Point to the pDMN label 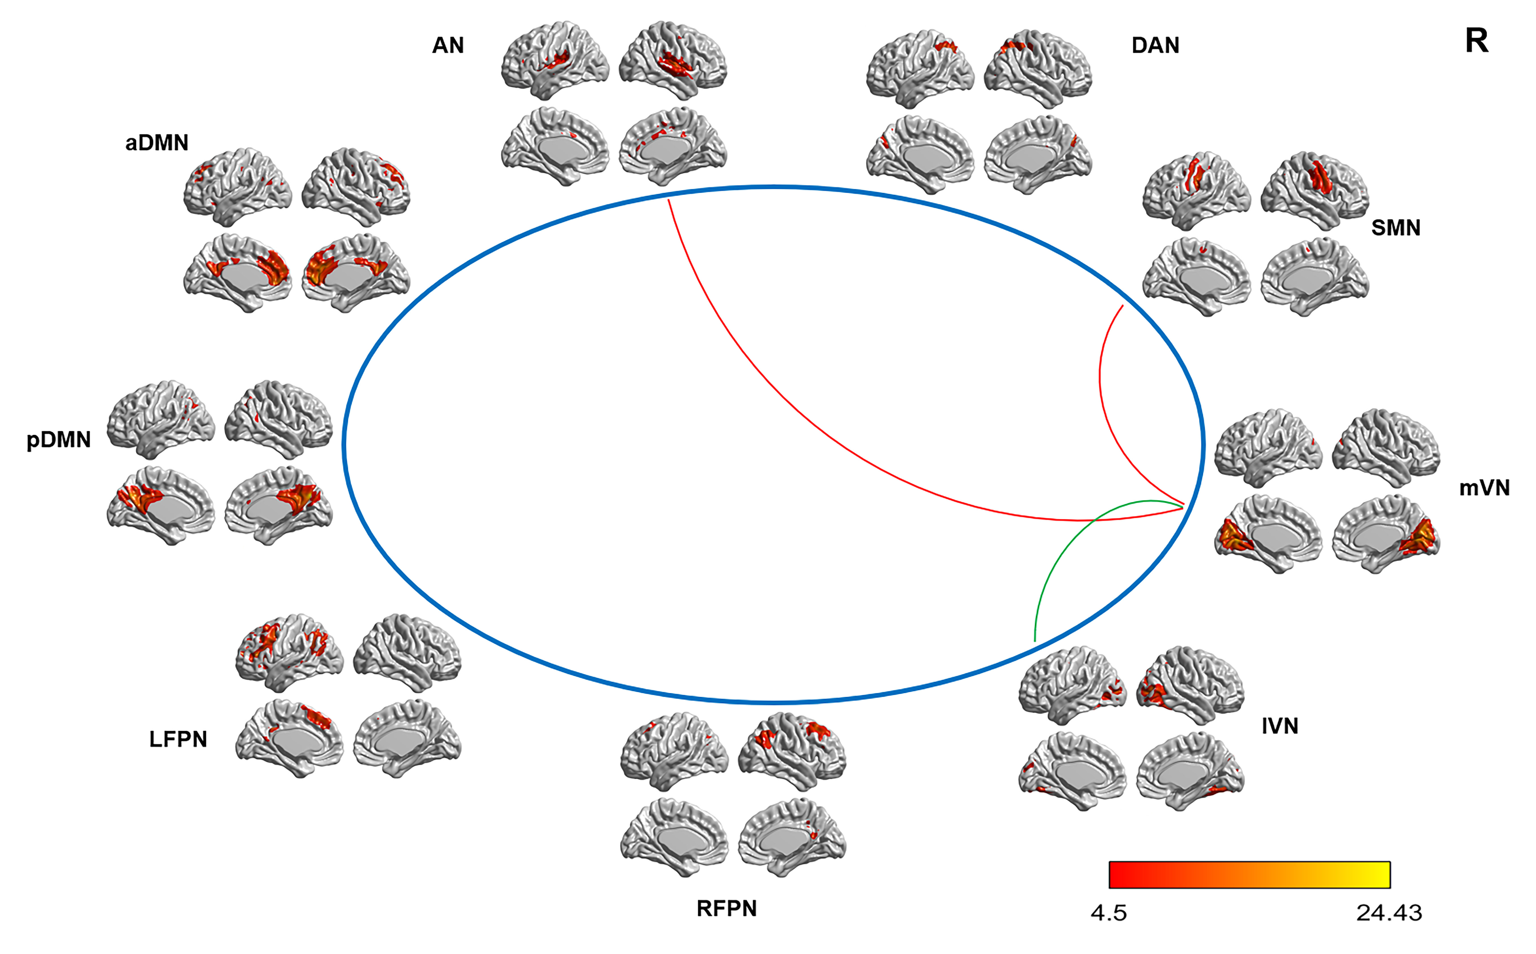click(x=59, y=440)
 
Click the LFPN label click(x=178, y=739)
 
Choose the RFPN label click(x=726, y=909)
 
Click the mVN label click(x=1484, y=488)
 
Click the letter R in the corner click(x=1476, y=42)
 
